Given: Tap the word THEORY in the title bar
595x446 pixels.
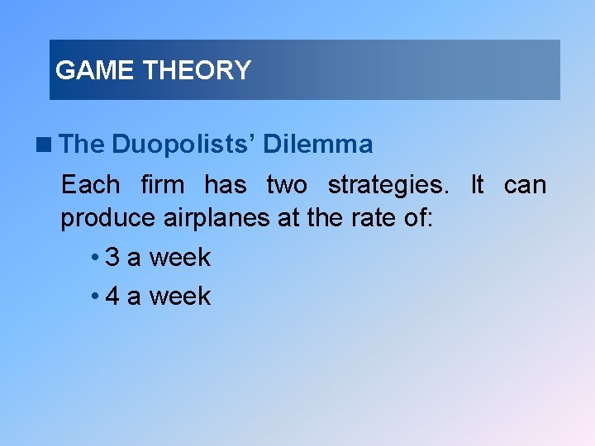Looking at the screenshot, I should click(x=197, y=70).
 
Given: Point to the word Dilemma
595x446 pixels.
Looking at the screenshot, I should click(x=318, y=145).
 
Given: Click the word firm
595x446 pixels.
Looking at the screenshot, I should click(x=163, y=184).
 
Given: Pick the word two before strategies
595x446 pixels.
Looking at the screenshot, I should click(x=287, y=184).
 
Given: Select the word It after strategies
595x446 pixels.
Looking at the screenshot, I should click(x=477, y=184).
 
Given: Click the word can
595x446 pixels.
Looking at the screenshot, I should click(x=525, y=184).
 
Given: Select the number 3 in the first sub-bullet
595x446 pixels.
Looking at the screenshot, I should click(x=112, y=258).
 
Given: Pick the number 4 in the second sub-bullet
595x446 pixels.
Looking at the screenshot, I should click(x=112, y=296).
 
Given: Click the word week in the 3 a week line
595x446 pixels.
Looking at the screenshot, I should click(x=179, y=258).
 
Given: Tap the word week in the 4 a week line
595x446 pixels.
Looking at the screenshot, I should click(x=179, y=296).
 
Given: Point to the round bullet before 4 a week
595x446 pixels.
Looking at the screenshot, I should click(x=97, y=297).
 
